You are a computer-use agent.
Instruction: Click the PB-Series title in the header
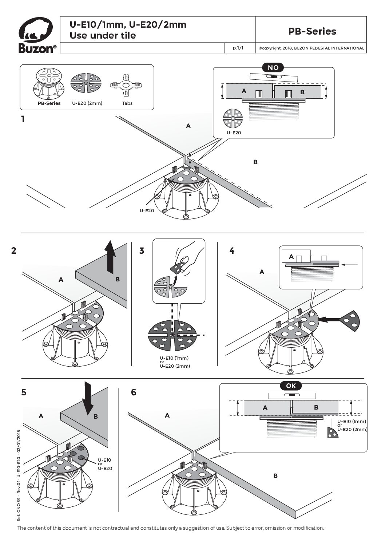coord(312,31)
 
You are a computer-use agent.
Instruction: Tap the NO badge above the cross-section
coord(273,67)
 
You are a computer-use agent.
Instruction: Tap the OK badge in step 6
coord(291,386)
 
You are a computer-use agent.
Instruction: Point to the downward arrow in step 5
coord(88,398)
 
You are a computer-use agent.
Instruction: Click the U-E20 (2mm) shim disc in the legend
coord(86,84)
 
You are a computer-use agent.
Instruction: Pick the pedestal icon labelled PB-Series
coord(49,84)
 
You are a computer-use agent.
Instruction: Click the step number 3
coord(142,250)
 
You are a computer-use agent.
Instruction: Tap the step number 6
coord(134,392)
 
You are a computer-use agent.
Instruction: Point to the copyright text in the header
coord(311,48)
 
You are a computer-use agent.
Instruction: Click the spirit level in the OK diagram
coord(291,395)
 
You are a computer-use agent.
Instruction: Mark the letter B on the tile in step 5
coord(96,416)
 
